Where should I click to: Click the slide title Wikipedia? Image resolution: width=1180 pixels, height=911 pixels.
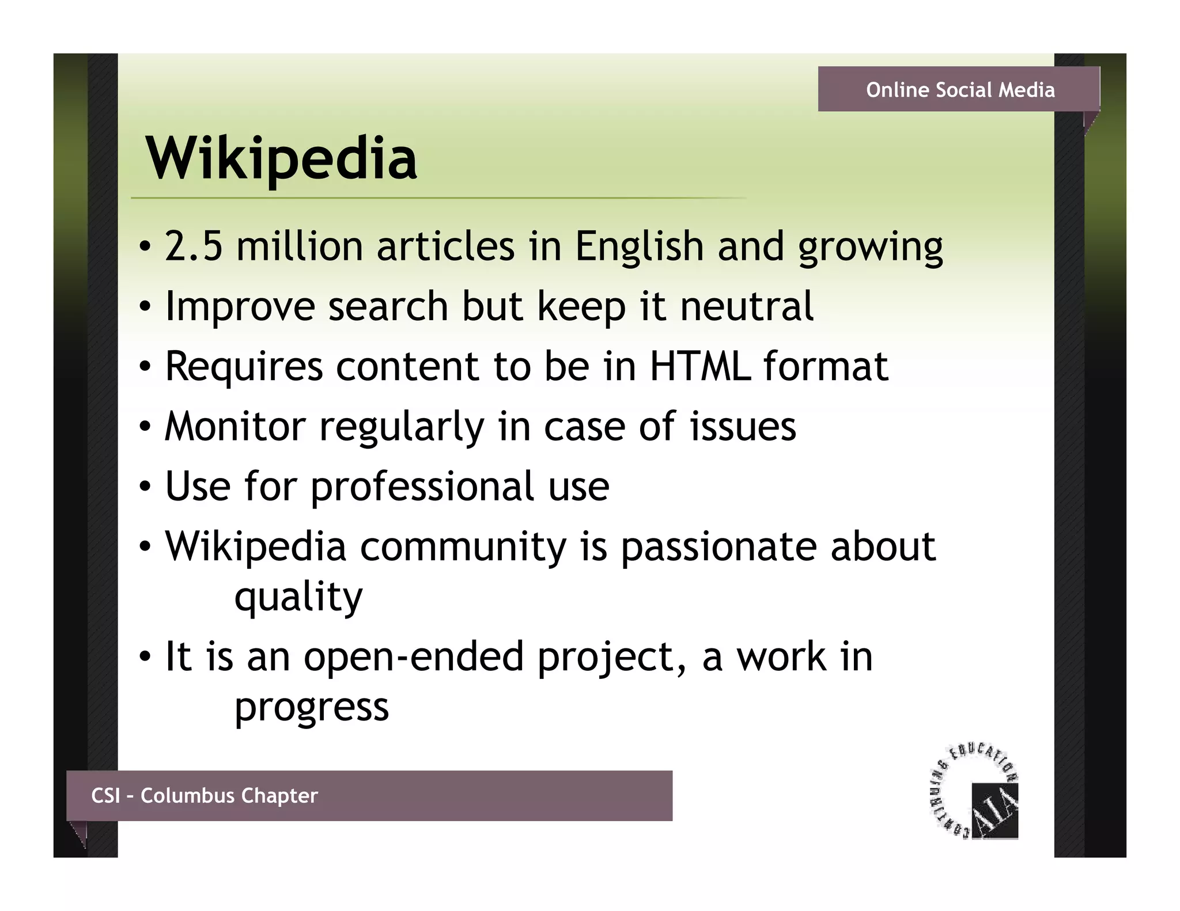pyautogui.click(x=281, y=158)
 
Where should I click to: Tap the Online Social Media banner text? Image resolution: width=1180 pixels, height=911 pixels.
pyautogui.click(x=960, y=90)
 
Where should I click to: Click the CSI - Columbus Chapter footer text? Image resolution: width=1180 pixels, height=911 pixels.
pyautogui.click(x=205, y=795)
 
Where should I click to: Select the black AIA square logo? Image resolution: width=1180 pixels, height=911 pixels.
pyautogui.click(x=994, y=811)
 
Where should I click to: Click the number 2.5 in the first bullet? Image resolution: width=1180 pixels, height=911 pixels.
pyautogui.click(x=194, y=246)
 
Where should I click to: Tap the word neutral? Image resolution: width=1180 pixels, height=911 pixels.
pyautogui.click(x=747, y=306)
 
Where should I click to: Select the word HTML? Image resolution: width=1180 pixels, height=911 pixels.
pyautogui.click(x=700, y=366)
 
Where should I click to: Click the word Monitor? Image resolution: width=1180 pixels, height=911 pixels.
pyautogui.click(x=235, y=427)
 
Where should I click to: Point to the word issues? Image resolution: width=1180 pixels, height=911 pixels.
pyautogui.click(x=743, y=427)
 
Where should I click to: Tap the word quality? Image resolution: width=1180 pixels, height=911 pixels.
pyautogui.click(x=298, y=598)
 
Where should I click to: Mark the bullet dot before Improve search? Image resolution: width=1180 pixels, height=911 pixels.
pyautogui.click(x=145, y=307)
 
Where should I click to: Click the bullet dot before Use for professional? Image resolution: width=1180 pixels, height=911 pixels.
pyautogui.click(x=145, y=487)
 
